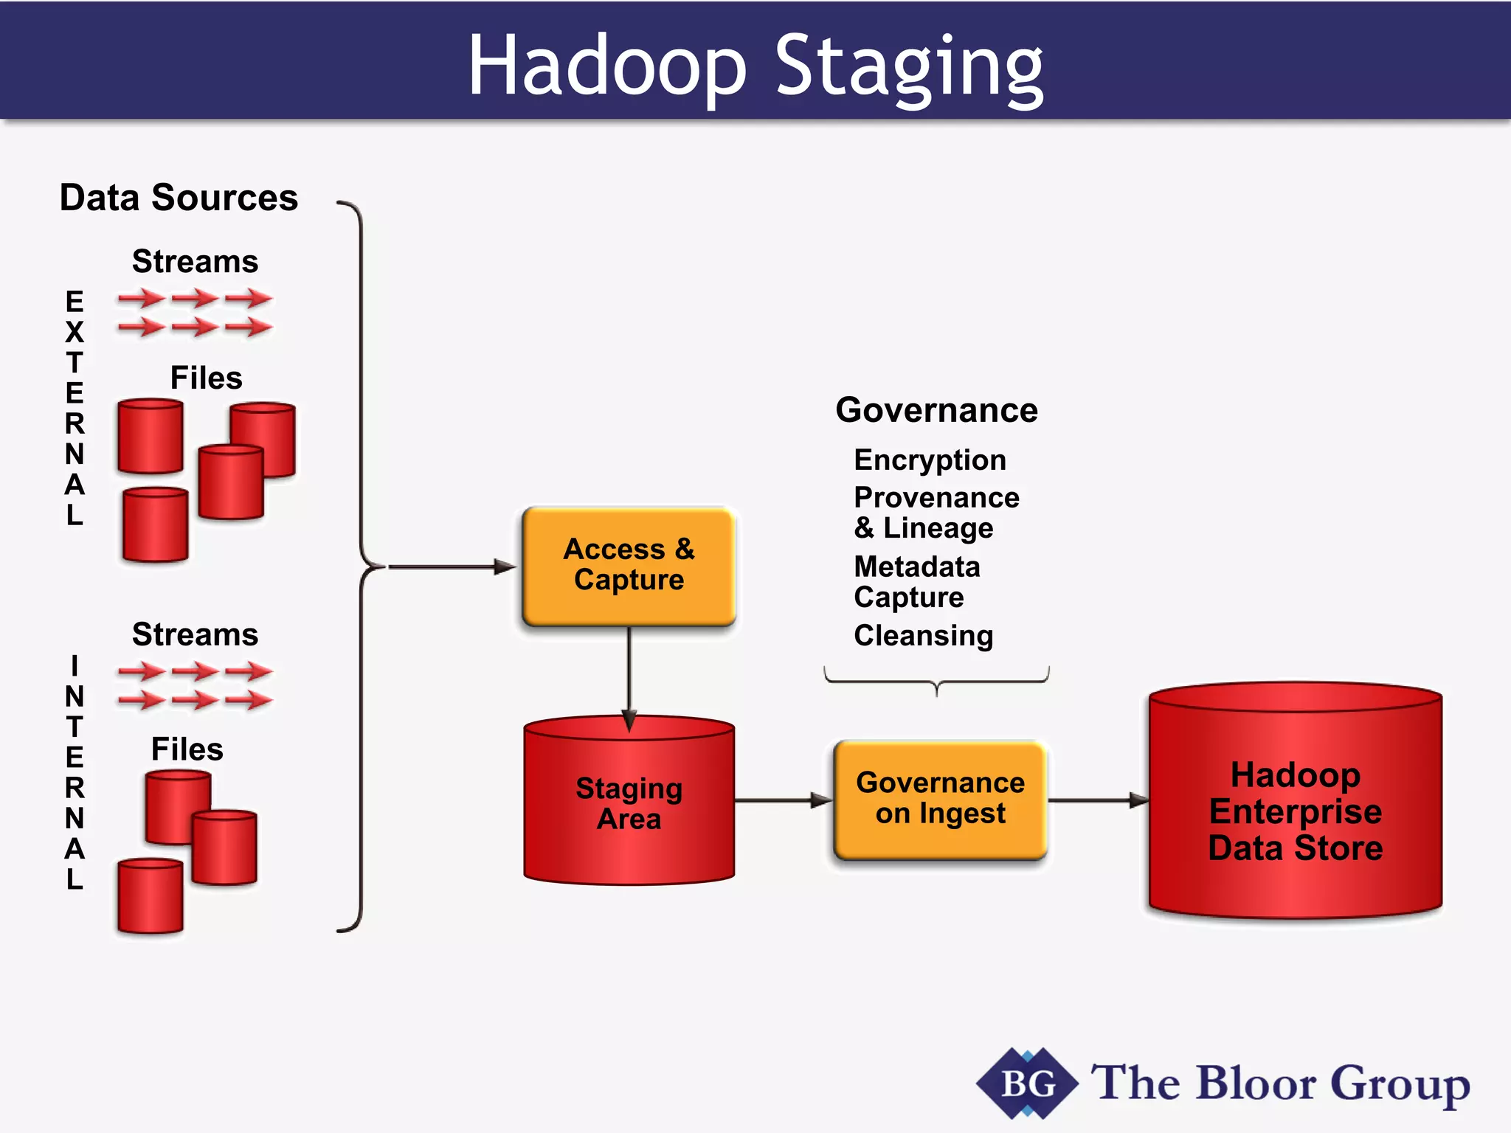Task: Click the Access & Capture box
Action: coord(629,565)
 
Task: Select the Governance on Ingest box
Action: coord(940,800)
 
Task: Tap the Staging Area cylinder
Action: coord(629,804)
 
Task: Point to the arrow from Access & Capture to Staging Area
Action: coord(629,675)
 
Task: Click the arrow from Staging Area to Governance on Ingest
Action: coord(782,800)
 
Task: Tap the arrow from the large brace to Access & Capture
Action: coord(450,566)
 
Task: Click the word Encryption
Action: coord(930,460)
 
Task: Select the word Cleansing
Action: coord(923,636)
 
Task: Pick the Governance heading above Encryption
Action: coord(936,410)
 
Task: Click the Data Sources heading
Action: coord(179,198)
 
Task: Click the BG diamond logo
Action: coord(1027,1084)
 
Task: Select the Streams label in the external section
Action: coord(195,262)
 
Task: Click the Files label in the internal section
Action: coord(187,749)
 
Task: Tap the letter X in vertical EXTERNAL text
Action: coord(75,333)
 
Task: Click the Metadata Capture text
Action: coord(916,582)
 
